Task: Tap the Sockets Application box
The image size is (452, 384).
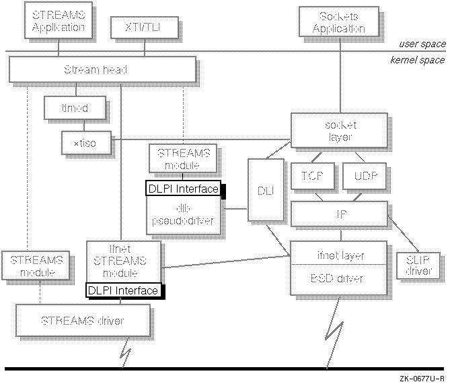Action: pos(339,22)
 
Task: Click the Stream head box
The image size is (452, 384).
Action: pos(102,69)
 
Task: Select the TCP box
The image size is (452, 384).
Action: pos(308,176)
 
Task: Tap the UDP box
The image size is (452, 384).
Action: pos(364,176)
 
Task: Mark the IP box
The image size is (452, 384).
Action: pos(338,214)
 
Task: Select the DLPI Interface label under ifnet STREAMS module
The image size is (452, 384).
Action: pos(123,290)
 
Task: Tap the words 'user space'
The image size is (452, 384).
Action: pos(422,44)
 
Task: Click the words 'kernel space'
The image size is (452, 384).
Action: pos(418,60)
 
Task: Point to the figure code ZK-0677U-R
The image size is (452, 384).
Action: pos(420,379)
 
